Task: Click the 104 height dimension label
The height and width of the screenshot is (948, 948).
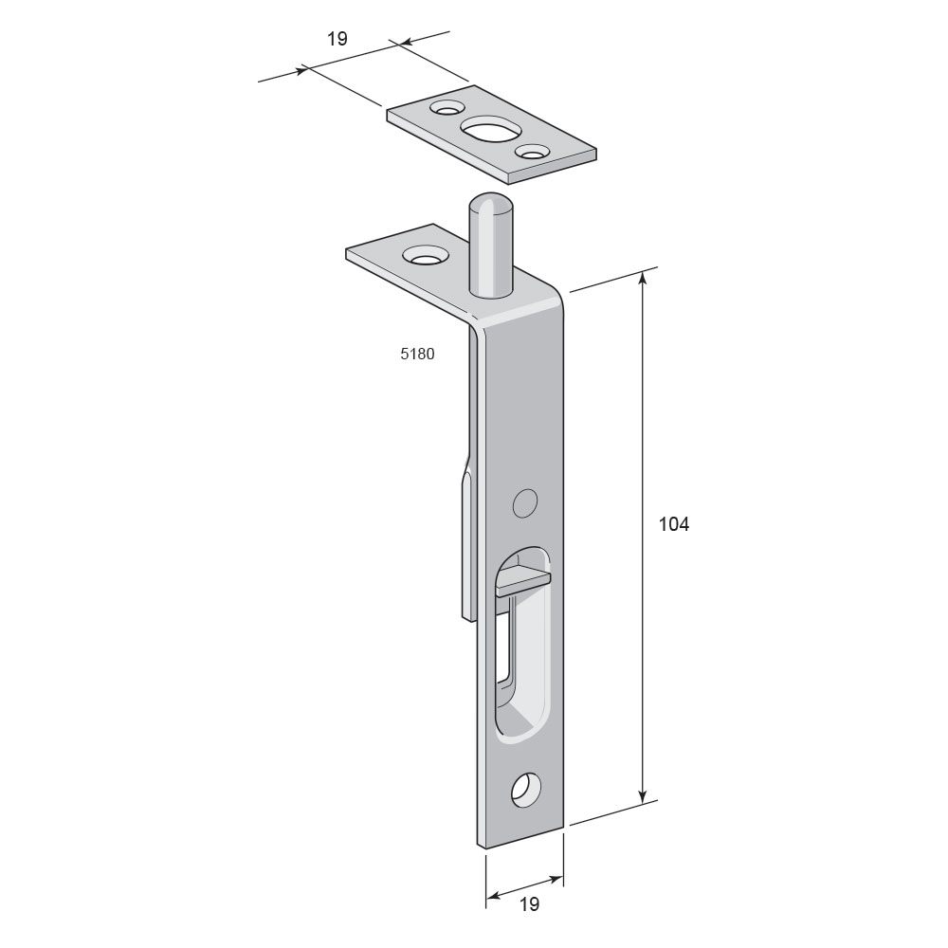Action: pos(673,524)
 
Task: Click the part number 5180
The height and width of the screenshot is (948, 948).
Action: pos(417,354)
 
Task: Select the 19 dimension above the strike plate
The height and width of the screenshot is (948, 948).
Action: pos(337,39)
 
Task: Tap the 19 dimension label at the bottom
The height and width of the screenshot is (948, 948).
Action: pos(529,903)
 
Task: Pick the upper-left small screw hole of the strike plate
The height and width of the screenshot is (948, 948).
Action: pos(446,109)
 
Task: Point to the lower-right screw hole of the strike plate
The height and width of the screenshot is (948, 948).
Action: pos(531,153)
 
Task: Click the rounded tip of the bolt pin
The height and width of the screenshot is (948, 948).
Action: pos(491,203)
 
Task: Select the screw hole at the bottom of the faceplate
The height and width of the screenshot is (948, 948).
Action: pos(525,789)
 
